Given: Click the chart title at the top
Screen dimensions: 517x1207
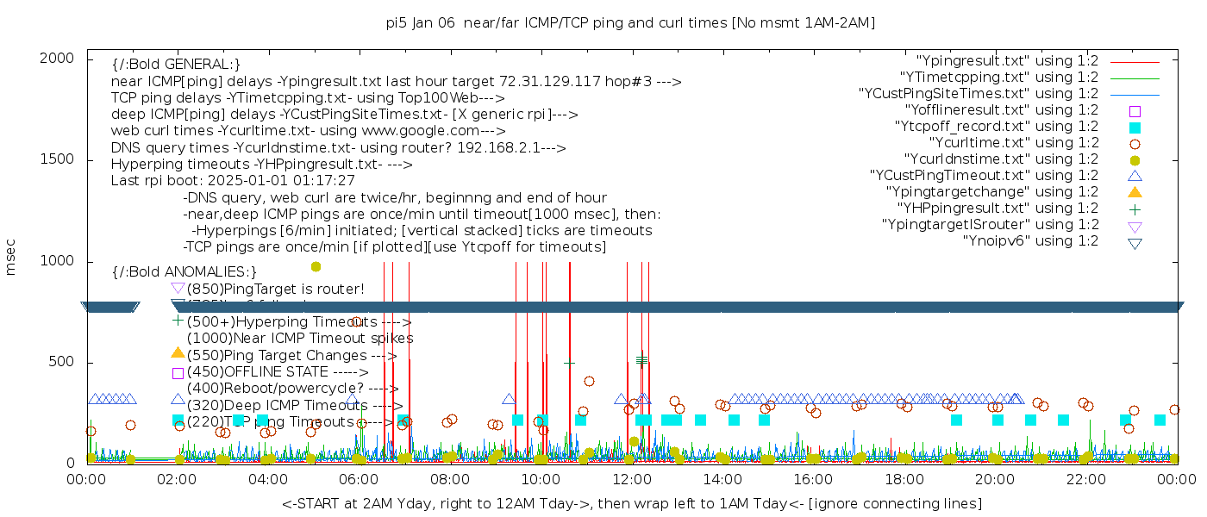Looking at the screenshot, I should point(630,23).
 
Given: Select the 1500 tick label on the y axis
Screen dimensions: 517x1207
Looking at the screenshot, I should point(59,159).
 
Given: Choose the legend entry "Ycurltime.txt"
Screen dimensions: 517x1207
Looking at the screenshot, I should point(1013,143).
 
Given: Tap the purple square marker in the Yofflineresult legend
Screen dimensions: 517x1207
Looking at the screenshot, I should point(1135,111).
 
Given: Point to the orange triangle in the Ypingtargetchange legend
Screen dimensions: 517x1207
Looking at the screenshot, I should point(1135,192).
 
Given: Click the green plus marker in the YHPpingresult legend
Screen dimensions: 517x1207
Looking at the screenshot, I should point(1135,209).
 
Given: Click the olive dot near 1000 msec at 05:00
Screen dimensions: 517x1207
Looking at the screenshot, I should point(316,266).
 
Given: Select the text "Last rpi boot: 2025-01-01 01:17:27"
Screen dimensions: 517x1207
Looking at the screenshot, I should point(233,181).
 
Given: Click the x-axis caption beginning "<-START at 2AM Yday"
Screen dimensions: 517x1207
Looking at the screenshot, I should point(631,503).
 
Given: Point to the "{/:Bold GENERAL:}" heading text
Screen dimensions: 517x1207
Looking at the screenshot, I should point(176,65).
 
